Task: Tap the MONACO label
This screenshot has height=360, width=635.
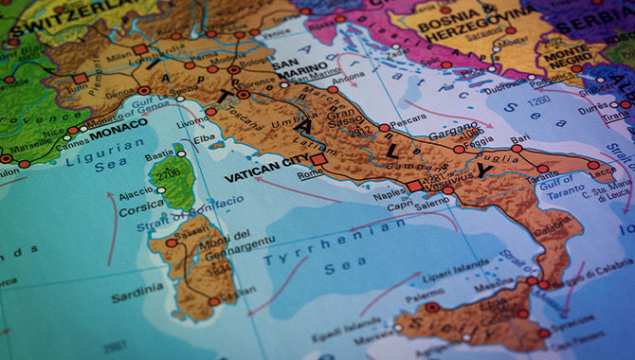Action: click(118, 124)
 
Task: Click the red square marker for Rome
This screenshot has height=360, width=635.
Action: click(318, 161)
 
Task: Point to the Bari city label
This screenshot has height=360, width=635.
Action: click(519, 139)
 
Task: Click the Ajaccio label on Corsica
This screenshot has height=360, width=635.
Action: click(136, 191)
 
